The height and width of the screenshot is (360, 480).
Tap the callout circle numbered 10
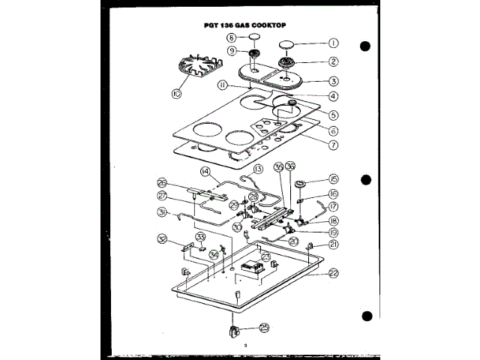(x=177, y=94)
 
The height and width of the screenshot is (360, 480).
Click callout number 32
(x=162, y=239)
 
